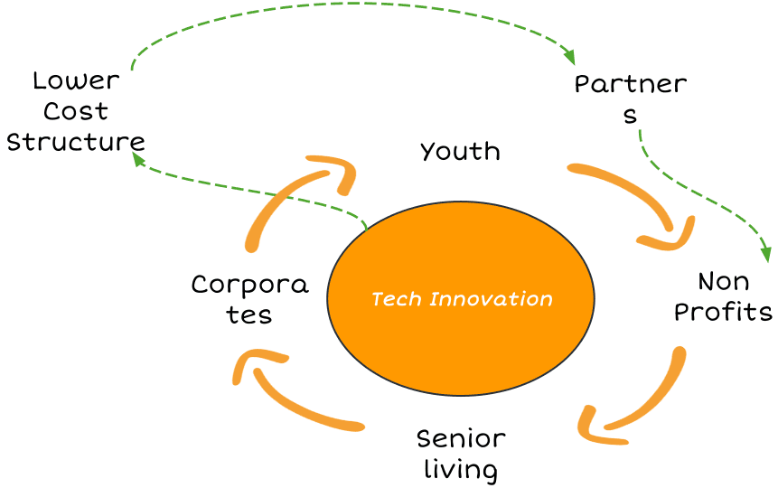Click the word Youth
460,151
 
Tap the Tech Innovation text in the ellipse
461,299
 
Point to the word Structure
76,142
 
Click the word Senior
461,439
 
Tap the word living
461,470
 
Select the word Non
724,281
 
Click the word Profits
724,312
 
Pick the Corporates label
249,299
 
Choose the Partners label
631,99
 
